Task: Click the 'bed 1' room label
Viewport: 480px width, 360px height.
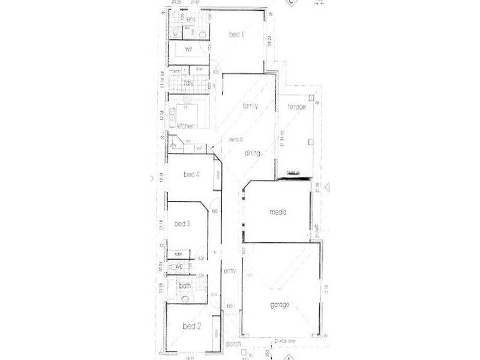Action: point(237,35)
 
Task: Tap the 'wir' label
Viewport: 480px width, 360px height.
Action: point(188,49)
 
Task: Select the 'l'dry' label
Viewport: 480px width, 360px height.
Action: point(188,83)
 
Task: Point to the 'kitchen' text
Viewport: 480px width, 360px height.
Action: point(187,125)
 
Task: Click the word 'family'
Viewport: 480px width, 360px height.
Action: point(250,106)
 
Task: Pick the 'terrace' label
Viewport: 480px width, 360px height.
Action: point(296,107)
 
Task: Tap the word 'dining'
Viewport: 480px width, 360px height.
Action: point(252,154)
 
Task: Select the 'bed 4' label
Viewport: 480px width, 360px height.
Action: point(191,175)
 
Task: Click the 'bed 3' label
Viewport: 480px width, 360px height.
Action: point(182,224)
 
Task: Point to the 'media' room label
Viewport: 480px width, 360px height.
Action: point(277,212)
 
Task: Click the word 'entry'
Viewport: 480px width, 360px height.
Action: point(230,271)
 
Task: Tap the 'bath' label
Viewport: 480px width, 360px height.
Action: point(185,286)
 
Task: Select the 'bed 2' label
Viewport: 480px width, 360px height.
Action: point(191,326)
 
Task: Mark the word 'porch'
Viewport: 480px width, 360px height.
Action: point(233,344)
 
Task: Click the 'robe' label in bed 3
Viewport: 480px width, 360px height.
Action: point(178,254)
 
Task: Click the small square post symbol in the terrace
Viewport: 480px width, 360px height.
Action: point(310,142)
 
